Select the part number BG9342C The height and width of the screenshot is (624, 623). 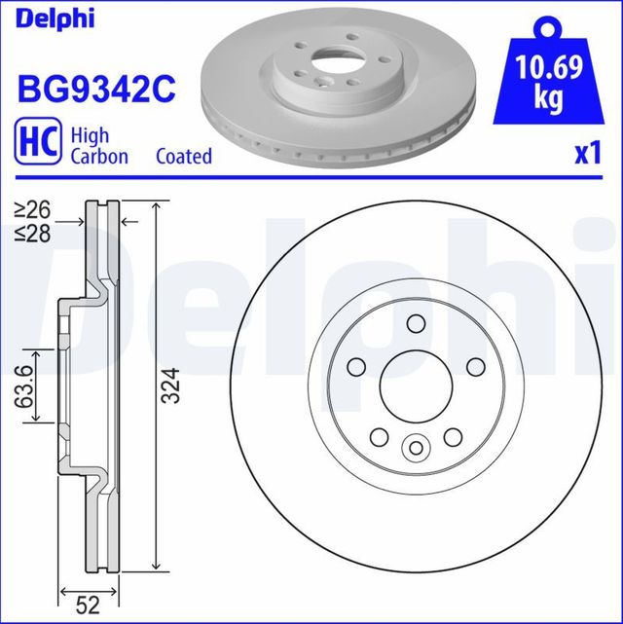tap(95, 89)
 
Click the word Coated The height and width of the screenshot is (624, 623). tap(184, 156)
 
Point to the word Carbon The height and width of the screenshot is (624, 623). tap(98, 156)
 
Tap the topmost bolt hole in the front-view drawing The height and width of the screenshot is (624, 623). tap(416, 324)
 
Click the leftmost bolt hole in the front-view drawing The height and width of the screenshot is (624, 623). tap(356, 367)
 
